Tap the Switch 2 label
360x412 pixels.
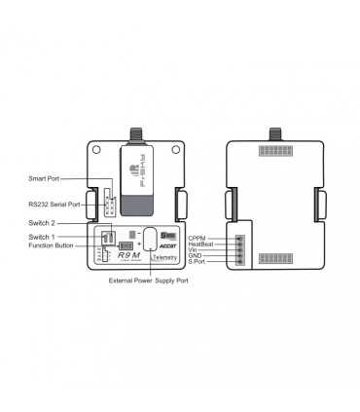(42, 223)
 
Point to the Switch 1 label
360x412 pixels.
(42, 237)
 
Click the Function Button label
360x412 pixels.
(52, 245)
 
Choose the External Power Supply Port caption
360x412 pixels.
(148, 281)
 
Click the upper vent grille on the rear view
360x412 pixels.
(277, 153)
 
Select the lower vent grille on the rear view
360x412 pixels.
(277, 258)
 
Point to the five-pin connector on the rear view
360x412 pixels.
(239, 250)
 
